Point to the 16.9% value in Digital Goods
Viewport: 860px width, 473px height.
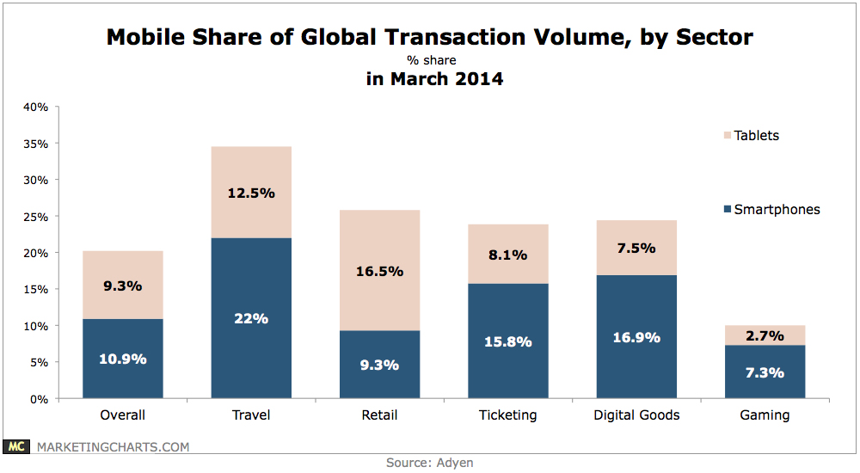(x=636, y=338)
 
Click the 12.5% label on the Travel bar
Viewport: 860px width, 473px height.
(x=251, y=193)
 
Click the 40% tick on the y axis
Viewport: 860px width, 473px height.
(x=36, y=107)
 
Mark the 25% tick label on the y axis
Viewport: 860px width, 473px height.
(x=36, y=217)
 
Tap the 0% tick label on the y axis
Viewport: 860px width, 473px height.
(x=40, y=399)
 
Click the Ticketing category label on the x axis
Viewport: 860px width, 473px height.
(x=507, y=415)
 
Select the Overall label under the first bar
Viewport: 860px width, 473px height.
(x=122, y=415)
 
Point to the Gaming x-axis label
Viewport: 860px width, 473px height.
(x=765, y=415)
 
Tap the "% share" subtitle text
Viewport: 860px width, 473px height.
(x=431, y=61)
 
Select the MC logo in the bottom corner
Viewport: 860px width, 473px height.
(x=16, y=446)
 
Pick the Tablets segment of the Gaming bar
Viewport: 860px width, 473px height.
(x=765, y=335)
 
